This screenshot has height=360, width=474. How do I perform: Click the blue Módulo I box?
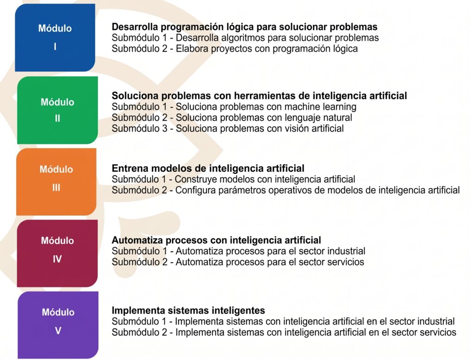click(55, 38)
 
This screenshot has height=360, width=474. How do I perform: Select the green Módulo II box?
click(57, 110)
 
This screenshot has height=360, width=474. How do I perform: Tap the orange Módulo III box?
click(56, 182)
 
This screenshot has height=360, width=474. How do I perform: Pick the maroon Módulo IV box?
click(57, 253)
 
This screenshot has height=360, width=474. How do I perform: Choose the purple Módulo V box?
click(58, 325)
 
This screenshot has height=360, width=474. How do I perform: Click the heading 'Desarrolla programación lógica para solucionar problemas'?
click(244, 27)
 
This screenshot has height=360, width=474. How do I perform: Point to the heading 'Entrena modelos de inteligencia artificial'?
click(208, 168)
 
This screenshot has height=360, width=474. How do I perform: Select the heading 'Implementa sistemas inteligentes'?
click(188, 310)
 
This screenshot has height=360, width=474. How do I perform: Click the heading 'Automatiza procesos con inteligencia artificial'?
click(217, 240)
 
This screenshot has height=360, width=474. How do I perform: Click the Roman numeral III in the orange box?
click(56, 188)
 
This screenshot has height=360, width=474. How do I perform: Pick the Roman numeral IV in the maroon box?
click(57, 259)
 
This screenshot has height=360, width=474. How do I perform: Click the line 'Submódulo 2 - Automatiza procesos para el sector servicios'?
click(238, 262)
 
